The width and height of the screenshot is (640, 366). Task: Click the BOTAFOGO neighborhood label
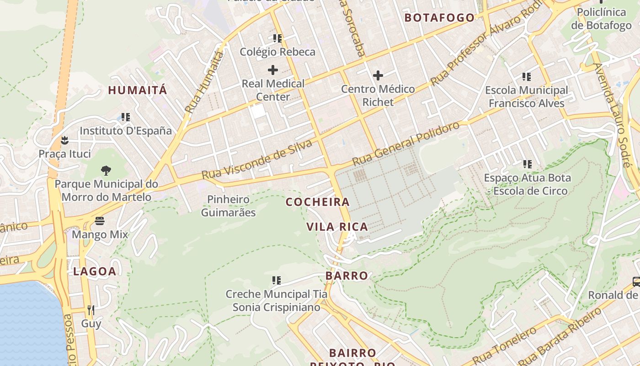coord(440,18)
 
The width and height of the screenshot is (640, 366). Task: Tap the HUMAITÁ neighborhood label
coord(138,90)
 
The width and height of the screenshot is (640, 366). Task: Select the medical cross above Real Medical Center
coord(273,70)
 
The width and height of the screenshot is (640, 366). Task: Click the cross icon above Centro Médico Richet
coord(378,75)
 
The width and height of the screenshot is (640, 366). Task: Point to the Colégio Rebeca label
coord(277,52)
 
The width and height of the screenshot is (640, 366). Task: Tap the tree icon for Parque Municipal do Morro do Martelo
coord(106,171)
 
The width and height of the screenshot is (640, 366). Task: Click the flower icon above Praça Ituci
coord(64,140)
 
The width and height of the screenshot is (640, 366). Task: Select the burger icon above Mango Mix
coord(100,221)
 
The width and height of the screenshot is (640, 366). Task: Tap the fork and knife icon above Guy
coord(91,310)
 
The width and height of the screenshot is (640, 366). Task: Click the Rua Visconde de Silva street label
coord(257,160)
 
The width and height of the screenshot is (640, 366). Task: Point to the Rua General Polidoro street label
coord(406,144)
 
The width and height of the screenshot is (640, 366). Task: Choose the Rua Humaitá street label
coord(204,83)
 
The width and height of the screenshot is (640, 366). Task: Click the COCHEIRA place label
coord(317,202)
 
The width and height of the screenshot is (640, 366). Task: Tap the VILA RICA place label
coord(337,227)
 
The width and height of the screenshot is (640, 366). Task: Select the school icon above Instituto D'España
coord(126,117)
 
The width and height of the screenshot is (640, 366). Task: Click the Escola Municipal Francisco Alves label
coord(526,97)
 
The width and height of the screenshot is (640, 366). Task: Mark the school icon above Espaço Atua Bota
coord(527,164)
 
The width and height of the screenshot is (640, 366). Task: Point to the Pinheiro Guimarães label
coord(228,206)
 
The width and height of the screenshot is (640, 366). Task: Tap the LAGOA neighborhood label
coord(95,271)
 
